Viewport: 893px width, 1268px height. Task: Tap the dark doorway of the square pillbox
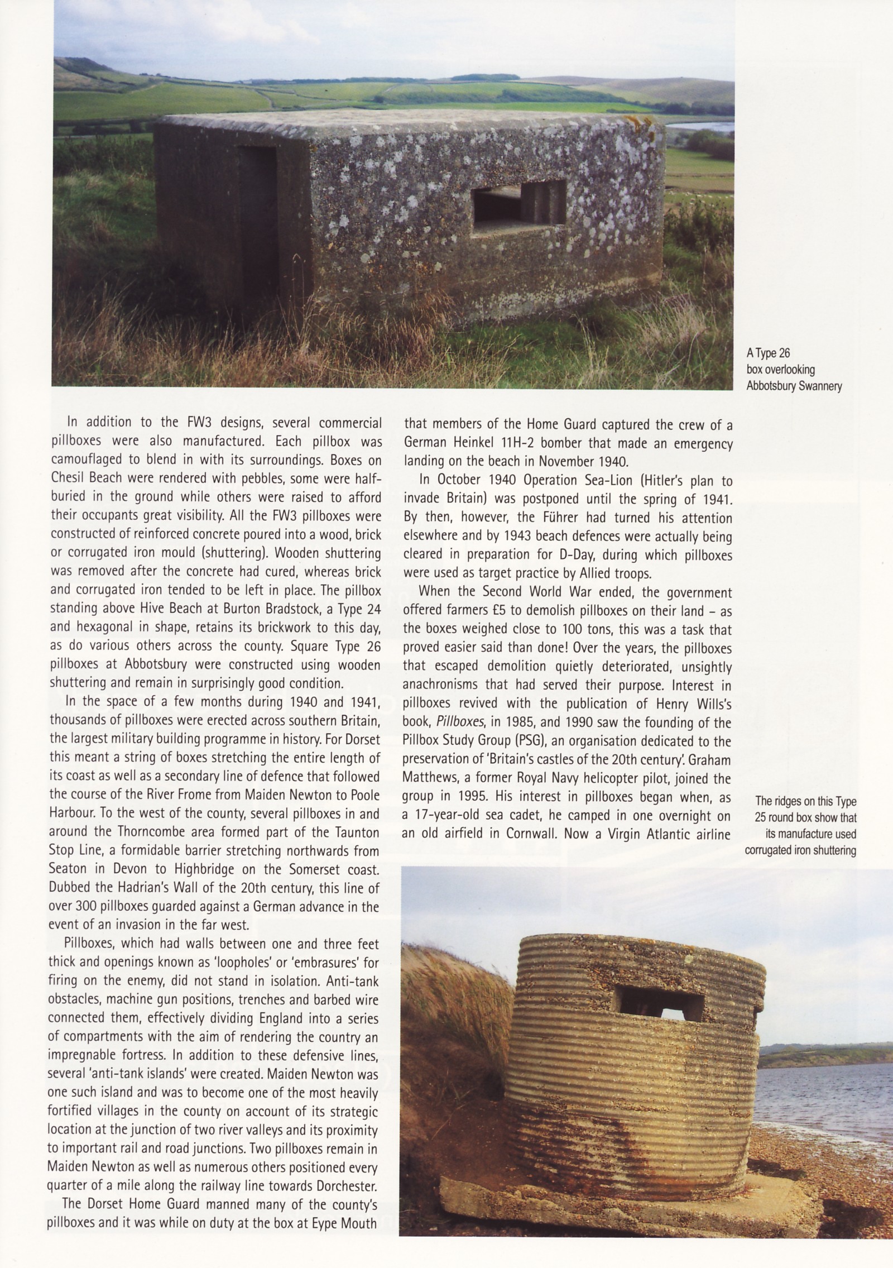point(258,215)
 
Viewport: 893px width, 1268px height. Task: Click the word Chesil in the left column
point(68,479)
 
